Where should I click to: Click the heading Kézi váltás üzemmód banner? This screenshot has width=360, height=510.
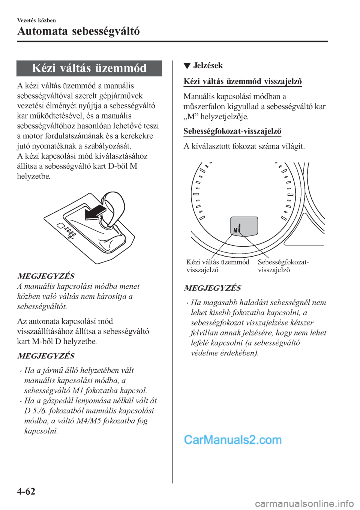[x=89, y=68]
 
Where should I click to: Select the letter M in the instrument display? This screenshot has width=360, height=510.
[x=235, y=229]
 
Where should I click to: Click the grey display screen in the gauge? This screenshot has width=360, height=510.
[x=244, y=226]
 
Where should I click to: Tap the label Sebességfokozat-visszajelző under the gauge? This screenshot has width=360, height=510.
[x=283, y=266]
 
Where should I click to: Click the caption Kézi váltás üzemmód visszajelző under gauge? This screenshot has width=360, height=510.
[x=217, y=266]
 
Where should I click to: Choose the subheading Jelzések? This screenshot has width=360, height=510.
[x=208, y=66]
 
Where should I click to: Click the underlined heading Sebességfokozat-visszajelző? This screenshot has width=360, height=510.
[x=232, y=131]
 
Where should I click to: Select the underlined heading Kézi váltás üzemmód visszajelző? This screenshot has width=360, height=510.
[x=243, y=81]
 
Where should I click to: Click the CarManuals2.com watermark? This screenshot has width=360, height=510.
[x=232, y=439]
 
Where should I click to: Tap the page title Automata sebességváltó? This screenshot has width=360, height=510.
[x=78, y=31]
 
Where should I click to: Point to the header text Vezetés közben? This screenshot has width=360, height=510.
[x=36, y=20]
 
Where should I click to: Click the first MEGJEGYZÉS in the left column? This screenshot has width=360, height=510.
[x=46, y=276]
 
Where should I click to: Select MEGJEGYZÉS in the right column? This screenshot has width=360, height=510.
[x=213, y=288]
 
